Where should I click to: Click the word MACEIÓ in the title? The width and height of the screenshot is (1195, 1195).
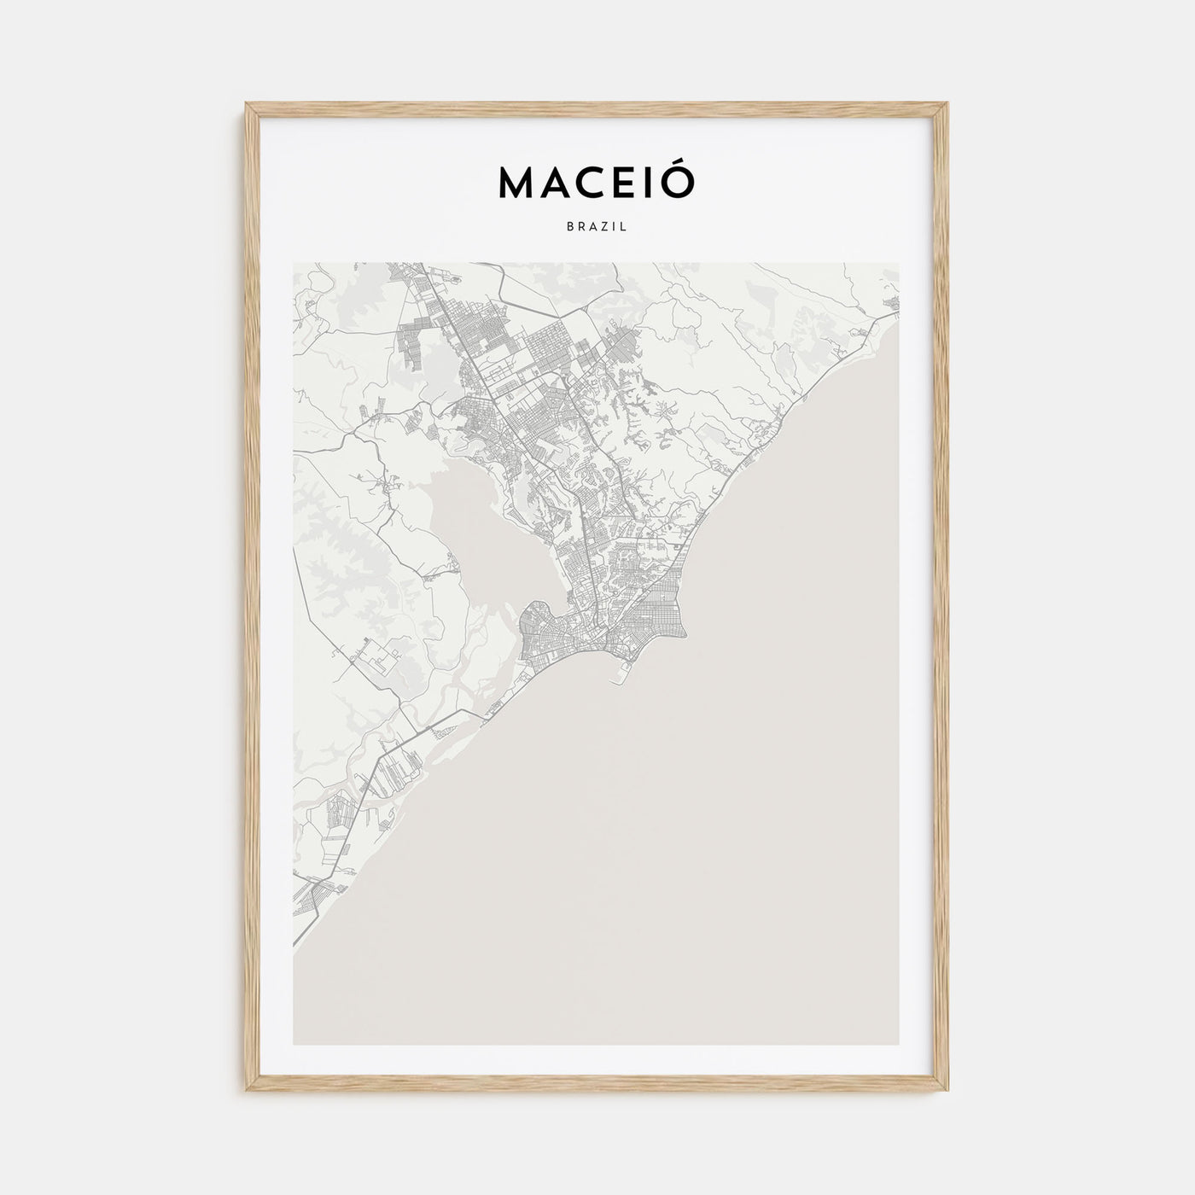[597, 181]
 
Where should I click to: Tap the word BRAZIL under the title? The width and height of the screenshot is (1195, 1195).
[597, 228]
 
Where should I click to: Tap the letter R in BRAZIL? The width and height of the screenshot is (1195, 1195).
[581, 228]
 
